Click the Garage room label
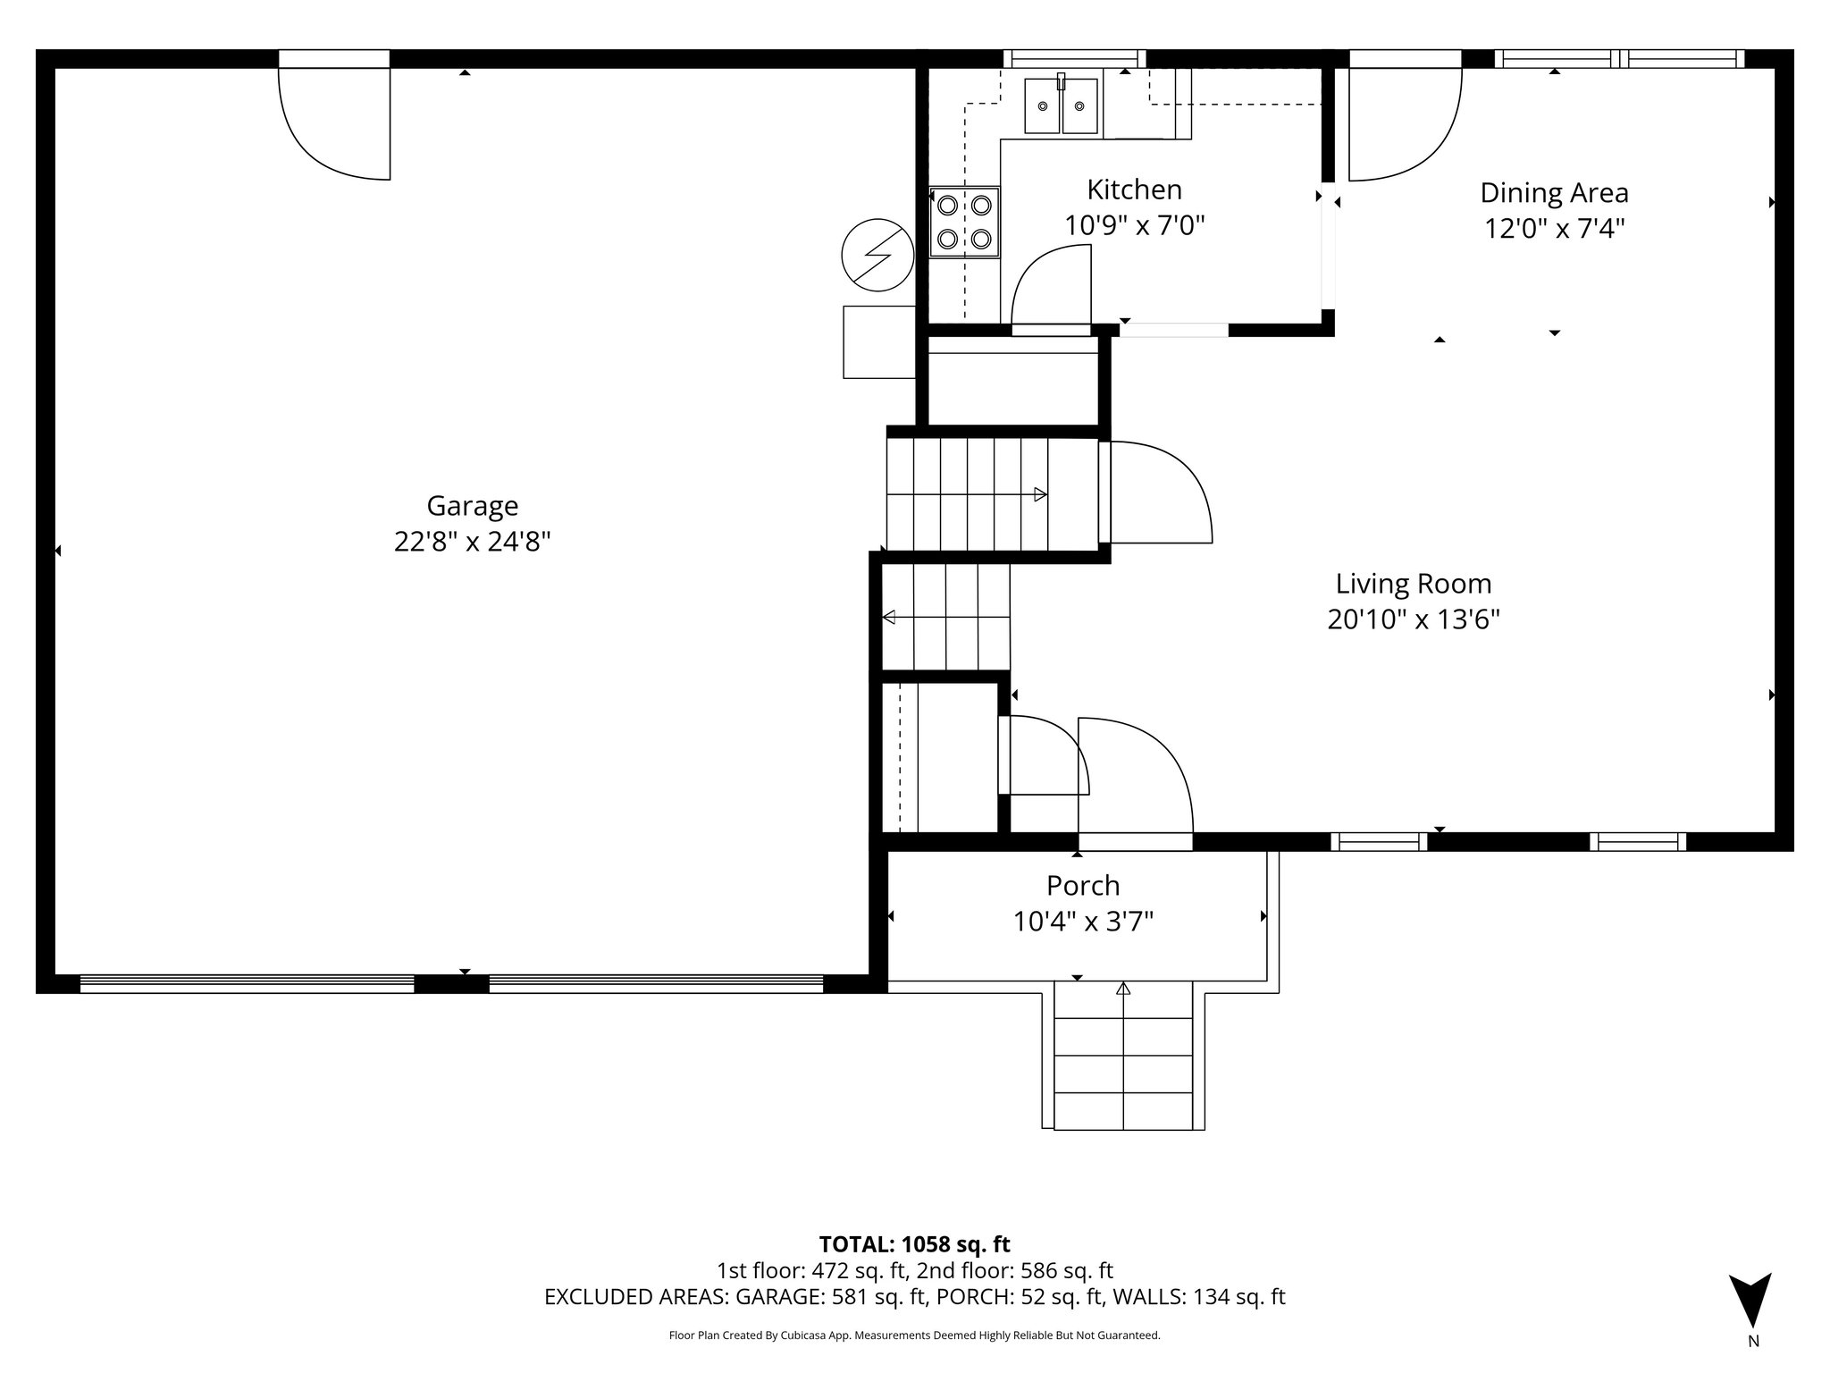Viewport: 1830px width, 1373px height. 472,506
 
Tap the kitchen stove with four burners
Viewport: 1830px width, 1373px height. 964,222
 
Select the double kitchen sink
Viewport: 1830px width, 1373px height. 1061,105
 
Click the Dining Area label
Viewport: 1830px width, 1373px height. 1554,193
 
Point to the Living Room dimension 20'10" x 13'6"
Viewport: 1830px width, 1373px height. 1413,619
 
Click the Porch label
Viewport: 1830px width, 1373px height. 1083,886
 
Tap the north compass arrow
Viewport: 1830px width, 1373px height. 1749,1301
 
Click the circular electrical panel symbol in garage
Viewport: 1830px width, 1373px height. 877,255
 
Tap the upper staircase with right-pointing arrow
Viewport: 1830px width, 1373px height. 992,494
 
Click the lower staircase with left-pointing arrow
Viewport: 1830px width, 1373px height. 945,617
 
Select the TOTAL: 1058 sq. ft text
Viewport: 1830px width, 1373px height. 914,1244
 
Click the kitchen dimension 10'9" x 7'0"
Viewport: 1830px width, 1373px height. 1134,225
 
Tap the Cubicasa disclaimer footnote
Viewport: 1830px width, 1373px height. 914,1335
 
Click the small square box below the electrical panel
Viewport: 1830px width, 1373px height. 879,341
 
